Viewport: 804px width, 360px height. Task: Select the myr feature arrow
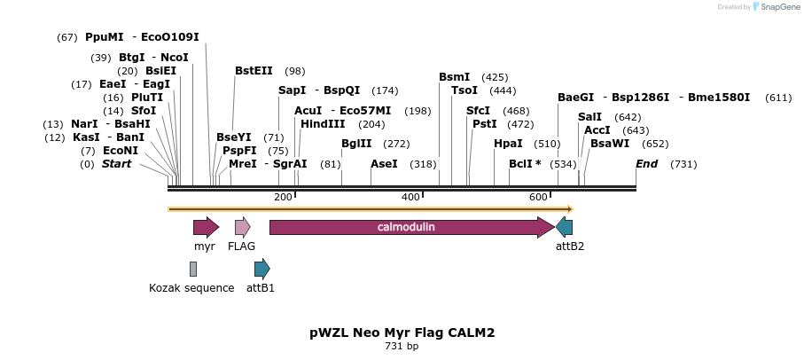(x=206, y=227)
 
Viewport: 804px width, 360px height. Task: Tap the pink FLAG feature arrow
(x=242, y=227)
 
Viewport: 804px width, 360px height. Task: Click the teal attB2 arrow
(x=564, y=227)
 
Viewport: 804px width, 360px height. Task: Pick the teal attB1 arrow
(x=261, y=269)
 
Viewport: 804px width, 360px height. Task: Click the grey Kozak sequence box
(x=192, y=269)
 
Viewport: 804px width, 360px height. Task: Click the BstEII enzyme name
(x=254, y=71)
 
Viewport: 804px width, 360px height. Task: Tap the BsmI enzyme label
(x=455, y=77)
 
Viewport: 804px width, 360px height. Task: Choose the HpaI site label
(x=508, y=144)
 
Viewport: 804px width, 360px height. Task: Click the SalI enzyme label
(x=589, y=117)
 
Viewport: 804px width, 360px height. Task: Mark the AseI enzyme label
(x=384, y=164)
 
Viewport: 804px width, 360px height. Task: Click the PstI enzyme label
(x=484, y=124)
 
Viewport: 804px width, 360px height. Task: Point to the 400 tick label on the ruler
(x=410, y=196)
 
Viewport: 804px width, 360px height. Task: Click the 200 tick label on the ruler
(x=283, y=196)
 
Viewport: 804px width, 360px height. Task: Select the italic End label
(x=646, y=164)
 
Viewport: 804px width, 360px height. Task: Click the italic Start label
(x=116, y=164)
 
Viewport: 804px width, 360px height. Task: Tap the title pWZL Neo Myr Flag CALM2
(x=402, y=333)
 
